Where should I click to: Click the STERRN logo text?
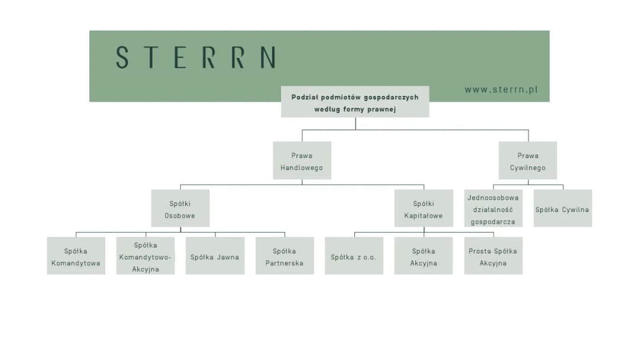195,57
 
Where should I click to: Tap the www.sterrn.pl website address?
501,90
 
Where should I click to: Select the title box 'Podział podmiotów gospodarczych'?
355,102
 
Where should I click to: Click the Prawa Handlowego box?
302,160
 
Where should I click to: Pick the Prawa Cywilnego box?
528,160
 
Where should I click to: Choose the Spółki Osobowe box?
180,208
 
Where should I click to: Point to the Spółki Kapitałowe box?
424,208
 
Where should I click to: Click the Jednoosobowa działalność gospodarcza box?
493,209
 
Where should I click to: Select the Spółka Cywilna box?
562,208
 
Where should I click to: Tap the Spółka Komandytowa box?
76,256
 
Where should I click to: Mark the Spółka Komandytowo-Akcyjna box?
146,256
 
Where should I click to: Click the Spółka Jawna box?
215,256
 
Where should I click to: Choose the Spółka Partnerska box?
285,256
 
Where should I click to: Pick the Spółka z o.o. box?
354,256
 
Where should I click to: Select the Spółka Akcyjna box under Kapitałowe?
424,256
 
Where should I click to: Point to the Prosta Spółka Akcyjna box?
493,256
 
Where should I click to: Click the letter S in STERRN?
122,57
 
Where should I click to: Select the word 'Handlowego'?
302,168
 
